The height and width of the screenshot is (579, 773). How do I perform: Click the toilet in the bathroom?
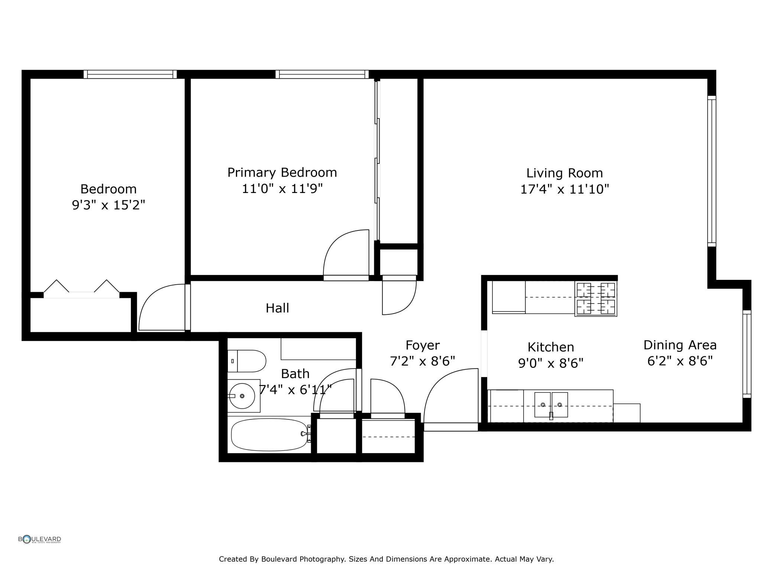(x=247, y=361)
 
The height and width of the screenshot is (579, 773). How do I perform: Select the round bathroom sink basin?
(x=242, y=396)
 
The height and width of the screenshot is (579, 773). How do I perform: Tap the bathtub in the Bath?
(x=270, y=435)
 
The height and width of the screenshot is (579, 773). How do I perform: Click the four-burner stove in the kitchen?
(x=596, y=299)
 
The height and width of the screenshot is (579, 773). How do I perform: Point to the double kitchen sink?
(x=551, y=405)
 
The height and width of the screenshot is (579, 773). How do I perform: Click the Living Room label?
(x=564, y=173)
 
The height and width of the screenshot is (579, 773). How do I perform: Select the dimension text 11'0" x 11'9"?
(x=282, y=189)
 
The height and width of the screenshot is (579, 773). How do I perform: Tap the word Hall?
(x=277, y=308)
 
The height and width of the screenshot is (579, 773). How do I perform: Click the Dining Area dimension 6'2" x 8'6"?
(x=680, y=361)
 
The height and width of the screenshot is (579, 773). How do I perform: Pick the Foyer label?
(x=423, y=345)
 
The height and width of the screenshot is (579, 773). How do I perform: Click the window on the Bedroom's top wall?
(x=130, y=74)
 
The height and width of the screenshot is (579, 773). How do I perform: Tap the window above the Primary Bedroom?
(x=322, y=74)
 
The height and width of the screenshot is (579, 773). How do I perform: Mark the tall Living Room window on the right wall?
(x=711, y=171)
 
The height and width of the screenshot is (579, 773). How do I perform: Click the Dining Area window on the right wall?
(x=747, y=354)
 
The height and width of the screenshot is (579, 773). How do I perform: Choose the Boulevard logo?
(x=40, y=539)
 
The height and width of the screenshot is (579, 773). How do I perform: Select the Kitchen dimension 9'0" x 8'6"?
(x=550, y=363)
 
